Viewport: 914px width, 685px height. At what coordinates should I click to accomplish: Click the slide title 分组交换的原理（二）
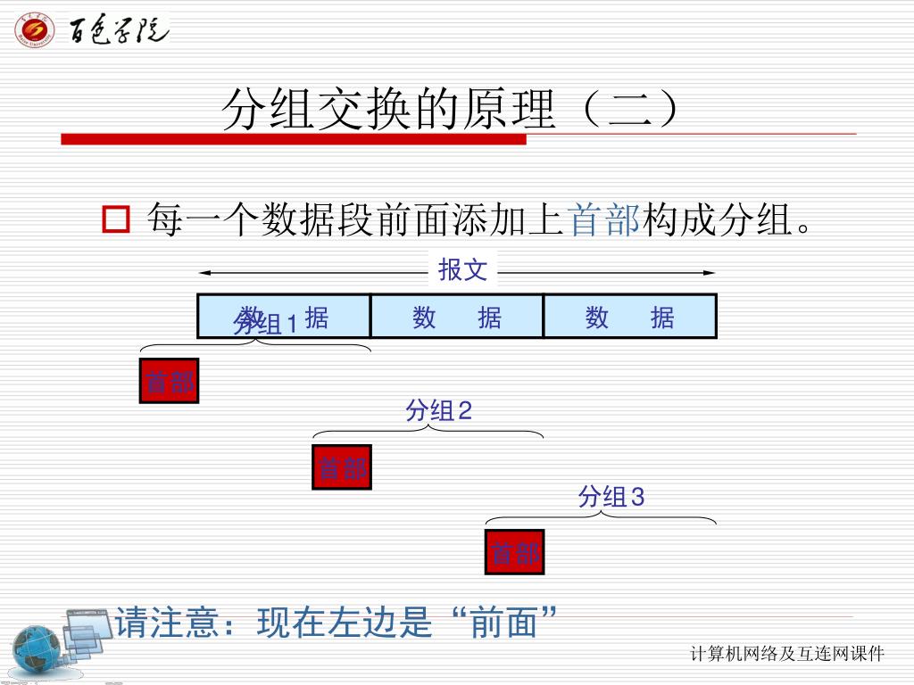coord(455,111)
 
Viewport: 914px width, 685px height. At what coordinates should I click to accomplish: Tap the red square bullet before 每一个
coord(117,219)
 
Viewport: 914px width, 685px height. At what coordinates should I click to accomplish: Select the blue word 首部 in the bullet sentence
coord(604,219)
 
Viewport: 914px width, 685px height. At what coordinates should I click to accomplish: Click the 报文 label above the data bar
coord(462,270)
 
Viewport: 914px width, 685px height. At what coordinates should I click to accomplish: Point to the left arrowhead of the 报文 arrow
coord(204,272)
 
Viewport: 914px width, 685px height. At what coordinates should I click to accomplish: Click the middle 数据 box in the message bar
coord(457,317)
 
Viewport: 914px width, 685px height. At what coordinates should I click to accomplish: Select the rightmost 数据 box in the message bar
coord(630,317)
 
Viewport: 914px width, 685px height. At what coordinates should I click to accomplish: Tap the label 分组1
coord(266,324)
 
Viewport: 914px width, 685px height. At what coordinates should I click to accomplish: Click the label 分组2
coord(438,411)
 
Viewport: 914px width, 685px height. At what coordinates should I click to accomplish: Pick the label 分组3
coord(611,497)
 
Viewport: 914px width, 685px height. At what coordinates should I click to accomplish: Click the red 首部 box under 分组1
coord(169,381)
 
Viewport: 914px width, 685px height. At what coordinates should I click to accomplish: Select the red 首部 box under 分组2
coord(342,466)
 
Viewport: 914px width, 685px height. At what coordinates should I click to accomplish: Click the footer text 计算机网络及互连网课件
coord(787,655)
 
